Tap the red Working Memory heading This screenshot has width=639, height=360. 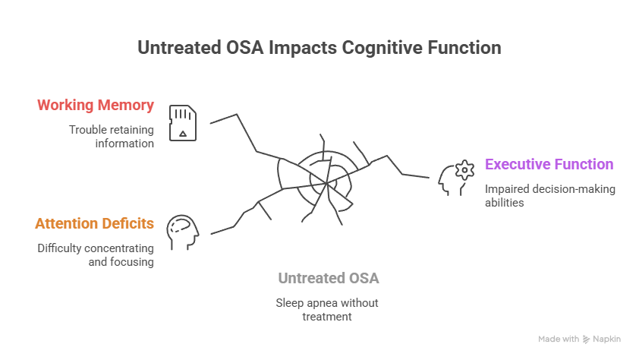point(96,105)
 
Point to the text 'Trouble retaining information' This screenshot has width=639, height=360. point(111,136)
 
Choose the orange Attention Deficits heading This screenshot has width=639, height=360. point(95,224)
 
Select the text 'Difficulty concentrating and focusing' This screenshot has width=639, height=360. point(96,255)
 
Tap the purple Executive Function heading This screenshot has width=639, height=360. point(549,164)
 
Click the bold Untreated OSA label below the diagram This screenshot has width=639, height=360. point(328,278)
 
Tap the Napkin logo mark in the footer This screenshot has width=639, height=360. point(586,339)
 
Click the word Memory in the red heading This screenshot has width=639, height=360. point(127,105)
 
